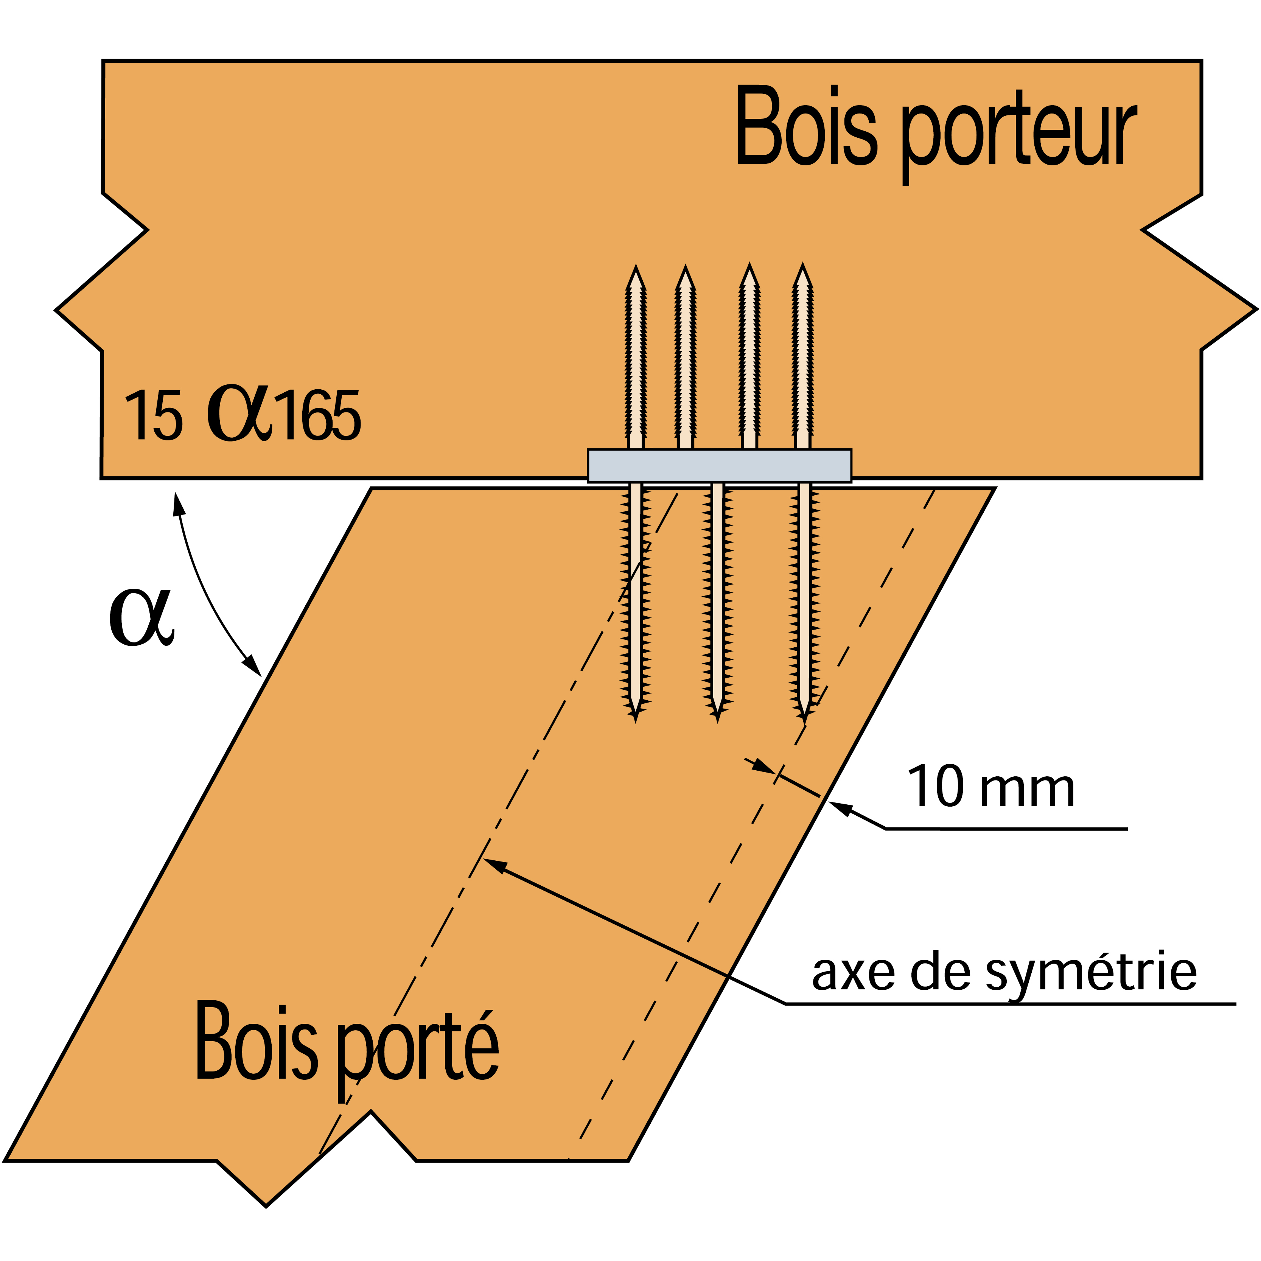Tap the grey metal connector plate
[x=719, y=465]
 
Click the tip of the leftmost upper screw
[x=636, y=267]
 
